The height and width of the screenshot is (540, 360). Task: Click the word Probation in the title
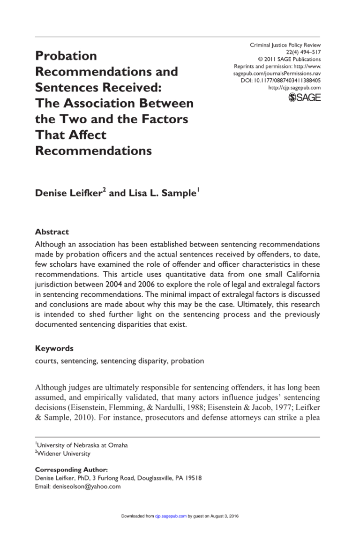[x=67, y=56]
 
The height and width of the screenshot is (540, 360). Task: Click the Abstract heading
[x=52, y=232]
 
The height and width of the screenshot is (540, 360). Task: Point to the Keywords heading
[x=54, y=349]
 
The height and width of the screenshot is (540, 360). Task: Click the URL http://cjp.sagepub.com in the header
[x=294, y=88]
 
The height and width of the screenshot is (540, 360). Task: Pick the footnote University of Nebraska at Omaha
[x=82, y=445]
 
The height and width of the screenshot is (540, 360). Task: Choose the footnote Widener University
[x=65, y=454]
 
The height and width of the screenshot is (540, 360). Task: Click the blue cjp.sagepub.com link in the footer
[x=171, y=516]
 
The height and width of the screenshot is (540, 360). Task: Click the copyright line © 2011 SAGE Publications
[x=289, y=60]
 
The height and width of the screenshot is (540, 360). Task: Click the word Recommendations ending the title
[x=94, y=151]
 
